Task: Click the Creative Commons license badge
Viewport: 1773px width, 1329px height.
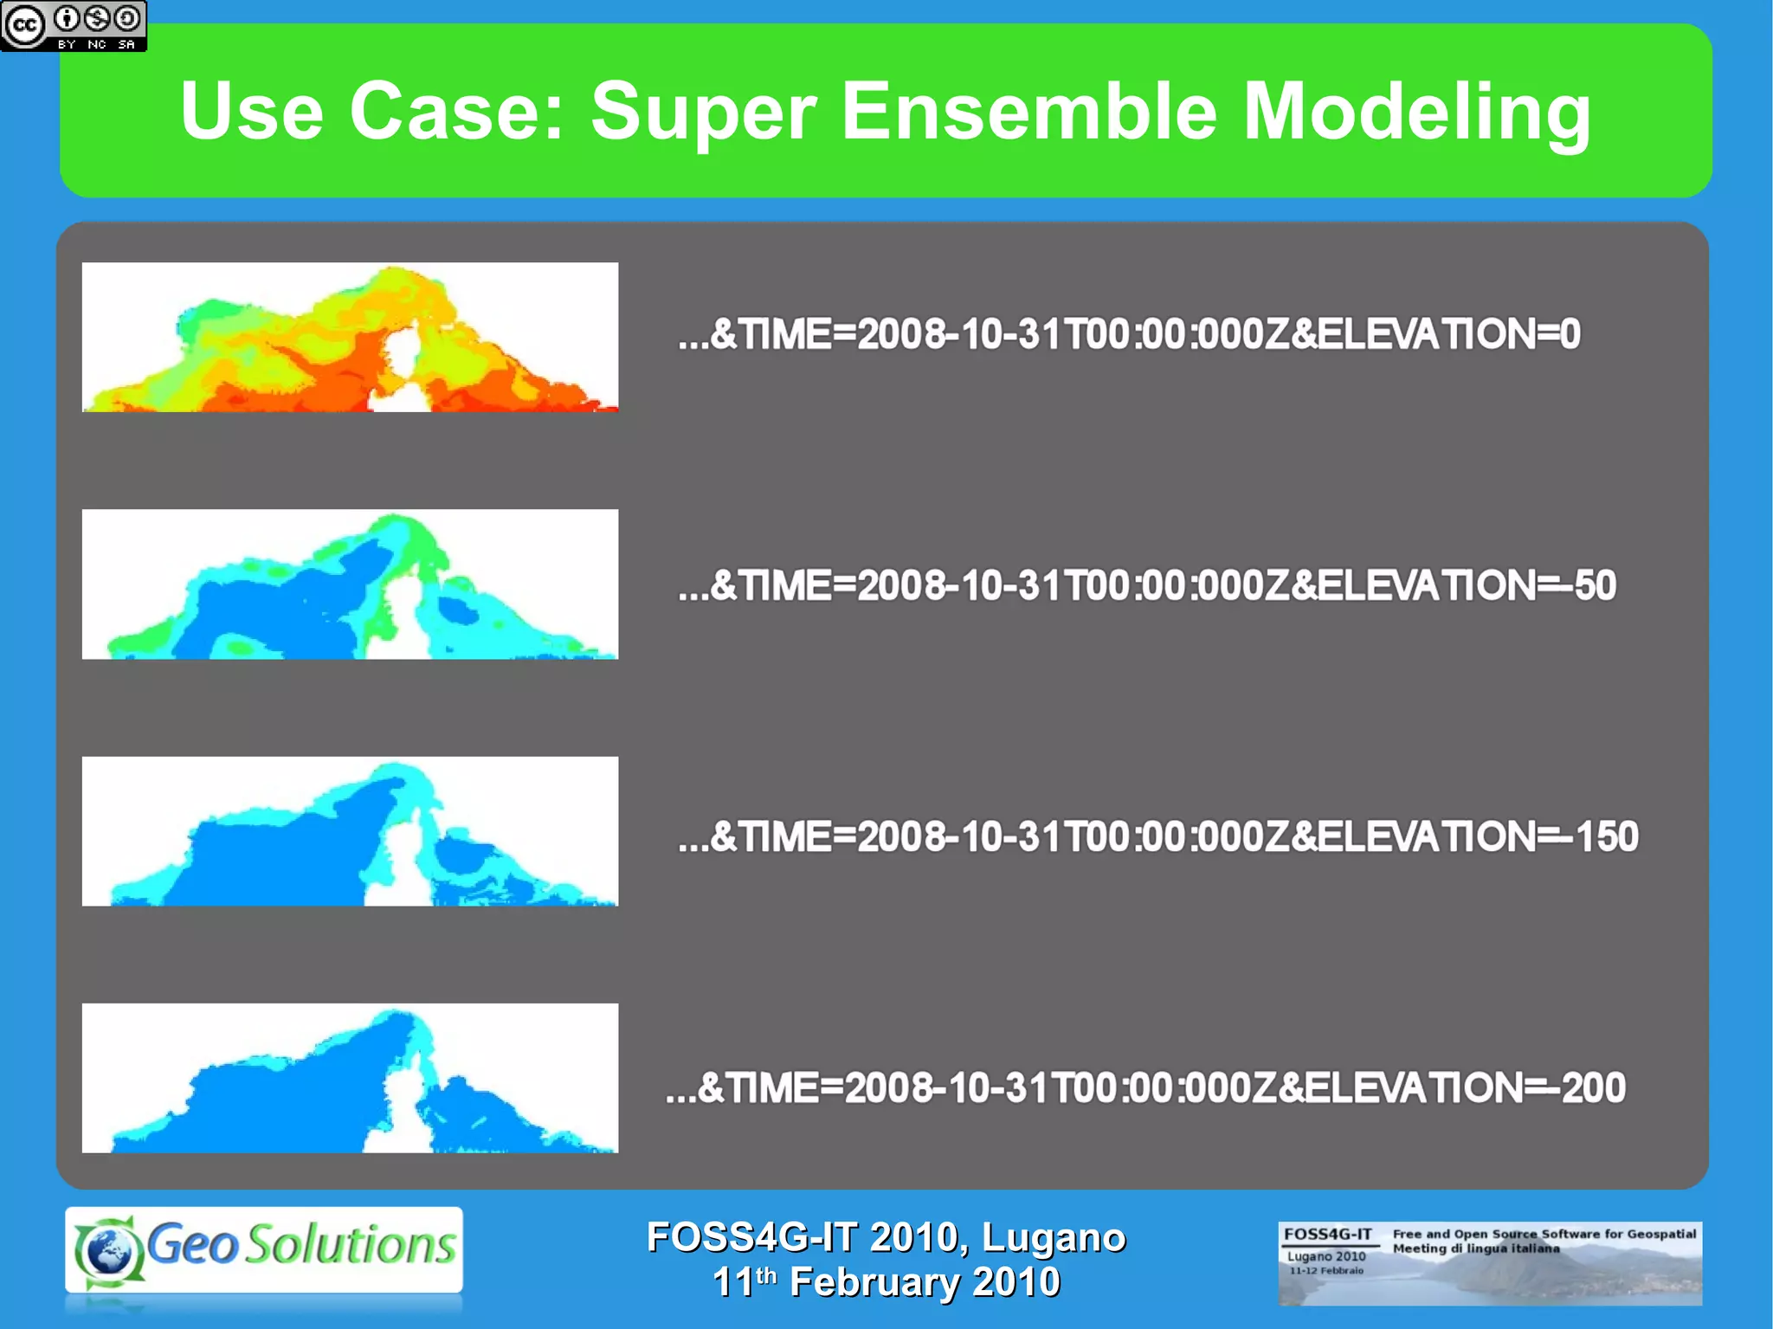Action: [74, 26]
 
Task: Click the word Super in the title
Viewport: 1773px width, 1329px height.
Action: [703, 112]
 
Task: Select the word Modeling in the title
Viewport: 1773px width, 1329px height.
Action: [1416, 113]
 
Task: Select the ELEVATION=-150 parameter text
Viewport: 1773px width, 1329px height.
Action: [1464, 836]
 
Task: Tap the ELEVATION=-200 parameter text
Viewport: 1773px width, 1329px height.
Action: [1451, 1087]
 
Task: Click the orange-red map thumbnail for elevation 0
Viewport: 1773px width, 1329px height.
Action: [350, 337]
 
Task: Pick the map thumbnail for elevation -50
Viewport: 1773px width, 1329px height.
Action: [350, 584]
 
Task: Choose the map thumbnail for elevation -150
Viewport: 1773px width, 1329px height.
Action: [350, 831]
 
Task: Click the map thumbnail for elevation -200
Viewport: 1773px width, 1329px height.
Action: [350, 1078]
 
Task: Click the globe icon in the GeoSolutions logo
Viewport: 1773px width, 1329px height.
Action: [108, 1250]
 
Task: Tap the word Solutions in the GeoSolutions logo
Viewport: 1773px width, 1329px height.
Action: [350, 1245]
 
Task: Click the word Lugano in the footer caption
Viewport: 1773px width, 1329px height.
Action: [1054, 1237]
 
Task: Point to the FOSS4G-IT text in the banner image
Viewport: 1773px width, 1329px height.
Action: [1327, 1234]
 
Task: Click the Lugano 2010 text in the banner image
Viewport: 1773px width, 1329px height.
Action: [1326, 1255]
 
